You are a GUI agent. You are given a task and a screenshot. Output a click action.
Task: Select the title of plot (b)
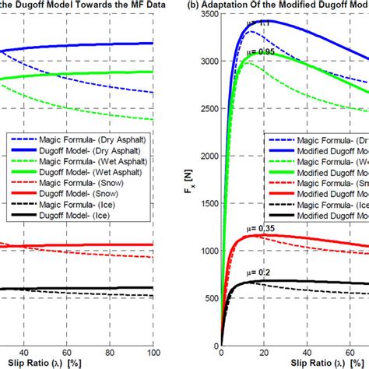coord(284,5)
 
